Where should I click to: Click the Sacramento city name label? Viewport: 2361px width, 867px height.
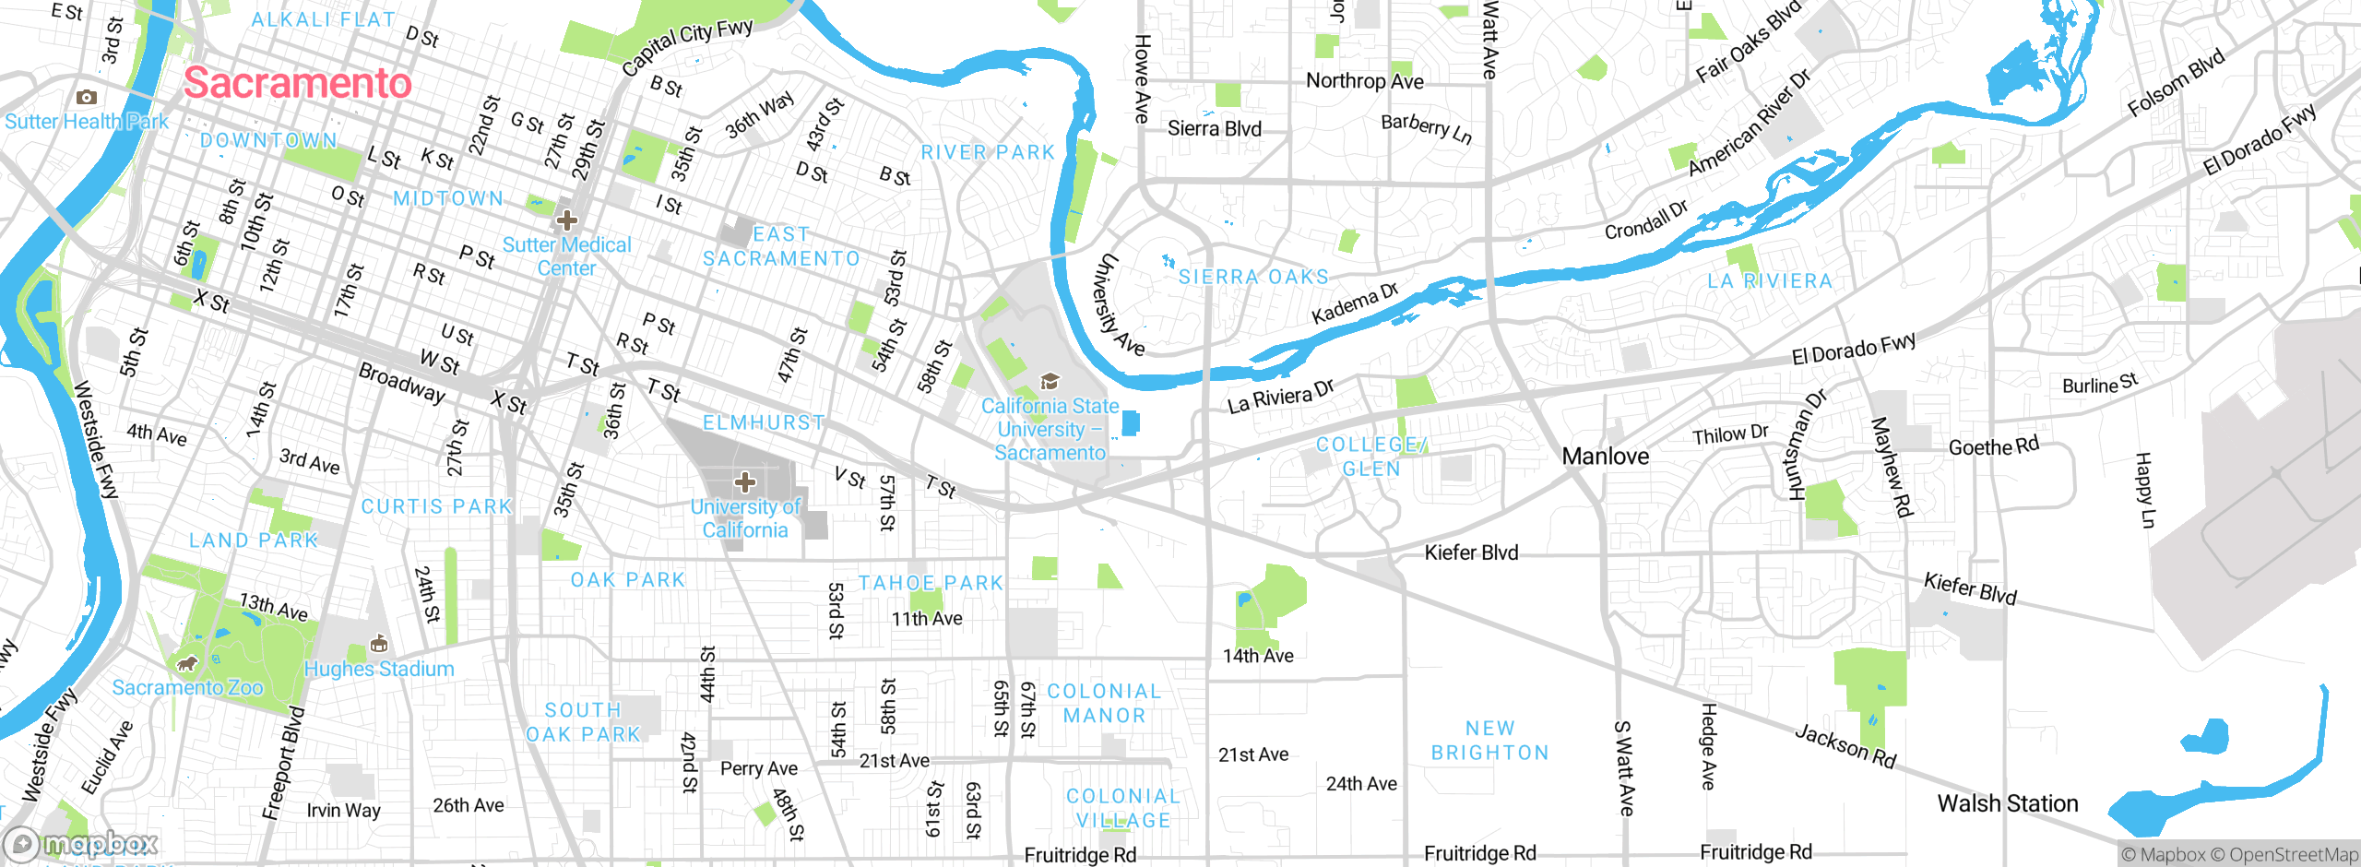click(x=297, y=84)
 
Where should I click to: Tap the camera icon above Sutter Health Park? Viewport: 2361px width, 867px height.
click(x=87, y=98)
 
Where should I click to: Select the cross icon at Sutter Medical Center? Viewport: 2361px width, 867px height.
click(x=566, y=220)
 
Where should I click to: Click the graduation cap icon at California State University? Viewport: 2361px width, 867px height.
click(x=1049, y=382)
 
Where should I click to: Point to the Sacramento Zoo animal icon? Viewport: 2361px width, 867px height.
click(x=187, y=664)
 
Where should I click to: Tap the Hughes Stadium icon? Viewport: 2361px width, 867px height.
click(x=378, y=644)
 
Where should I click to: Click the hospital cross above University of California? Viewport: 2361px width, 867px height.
click(x=745, y=482)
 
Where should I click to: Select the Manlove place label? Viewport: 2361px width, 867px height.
click(x=1605, y=457)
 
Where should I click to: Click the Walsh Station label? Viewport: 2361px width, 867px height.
click(x=2007, y=803)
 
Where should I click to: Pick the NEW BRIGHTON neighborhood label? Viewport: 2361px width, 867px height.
click(x=1489, y=741)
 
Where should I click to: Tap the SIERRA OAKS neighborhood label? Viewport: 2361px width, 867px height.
click(x=1253, y=277)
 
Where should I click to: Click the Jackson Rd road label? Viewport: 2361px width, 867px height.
click(x=1845, y=746)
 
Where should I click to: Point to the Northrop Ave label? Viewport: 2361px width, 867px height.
click(x=1364, y=81)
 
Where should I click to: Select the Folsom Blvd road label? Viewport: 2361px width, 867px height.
click(x=2176, y=83)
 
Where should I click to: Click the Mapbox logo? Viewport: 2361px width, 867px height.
click(x=81, y=844)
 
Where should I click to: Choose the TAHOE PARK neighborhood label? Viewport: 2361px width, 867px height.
click(x=930, y=583)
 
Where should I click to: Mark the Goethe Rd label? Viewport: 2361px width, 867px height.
click(x=1993, y=447)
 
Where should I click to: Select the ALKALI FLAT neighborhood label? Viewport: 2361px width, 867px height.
click(x=323, y=19)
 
